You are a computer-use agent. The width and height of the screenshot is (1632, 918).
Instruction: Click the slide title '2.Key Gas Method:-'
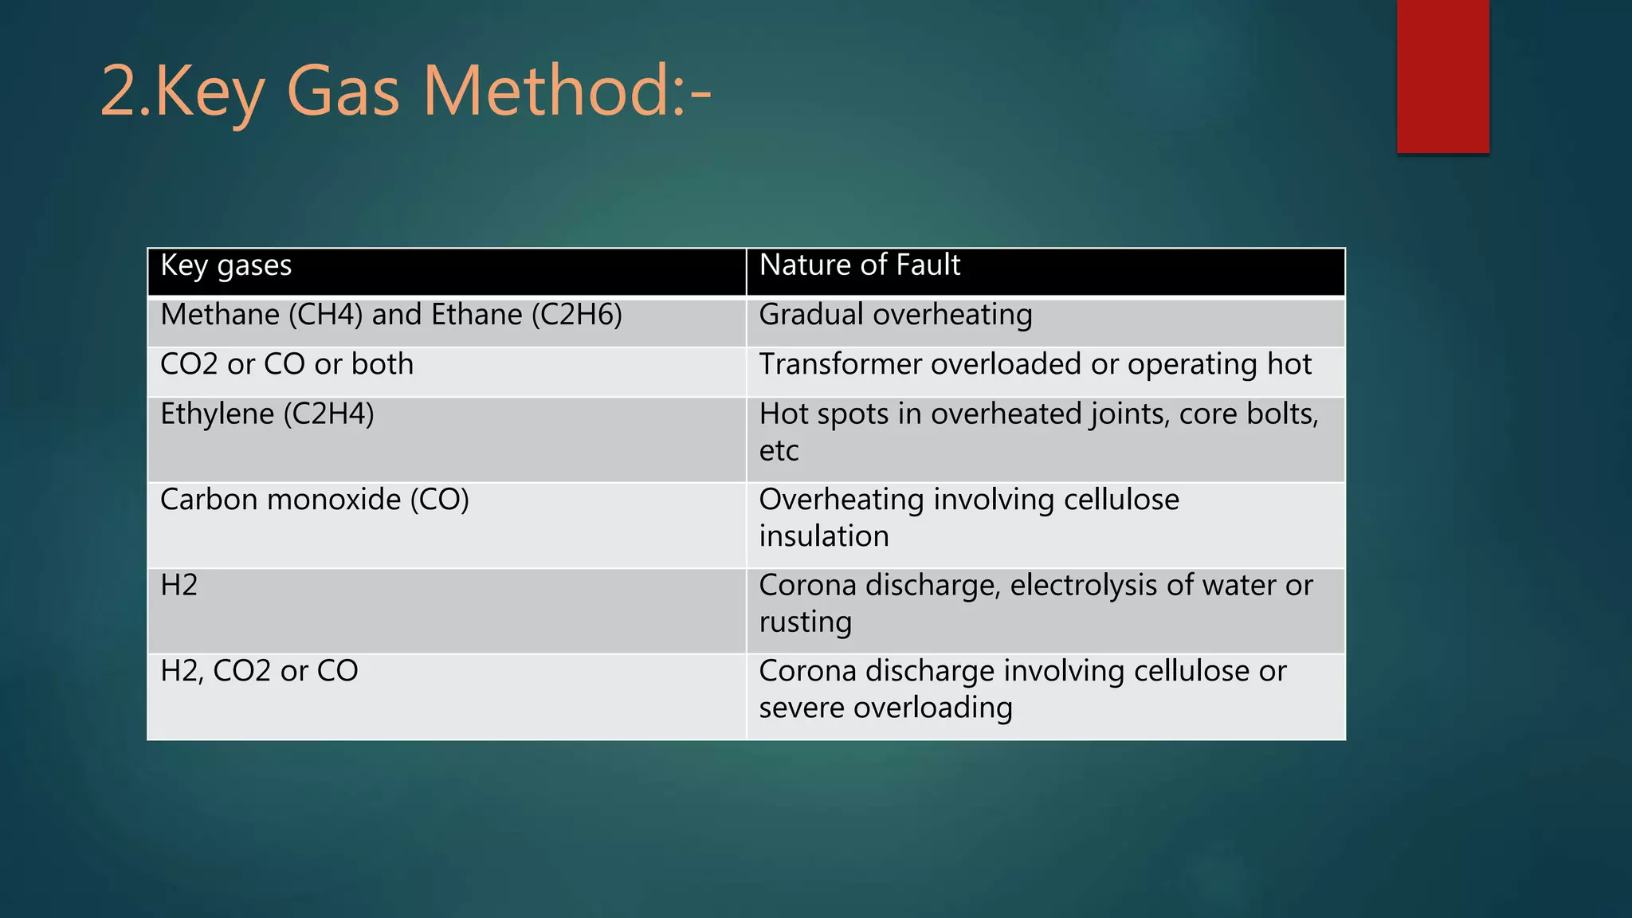pyautogui.click(x=406, y=92)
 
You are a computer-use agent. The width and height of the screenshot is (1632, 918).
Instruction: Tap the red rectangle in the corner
pyautogui.click(x=1442, y=76)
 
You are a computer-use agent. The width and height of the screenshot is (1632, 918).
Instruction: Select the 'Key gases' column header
pyautogui.click(x=226, y=265)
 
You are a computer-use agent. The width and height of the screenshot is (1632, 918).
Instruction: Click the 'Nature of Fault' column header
pyautogui.click(x=860, y=265)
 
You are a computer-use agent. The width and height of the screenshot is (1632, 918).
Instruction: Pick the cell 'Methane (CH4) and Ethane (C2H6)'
pyautogui.click(x=390, y=316)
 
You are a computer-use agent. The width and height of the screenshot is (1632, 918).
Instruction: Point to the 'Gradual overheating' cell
pyautogui.click(x=896, y=316)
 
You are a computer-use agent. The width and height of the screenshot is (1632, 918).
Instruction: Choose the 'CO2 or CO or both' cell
pyautogui.click(x=287, y=365)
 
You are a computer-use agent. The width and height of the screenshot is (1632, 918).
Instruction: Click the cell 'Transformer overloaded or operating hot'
pyautogui.click(x=1035, y=365)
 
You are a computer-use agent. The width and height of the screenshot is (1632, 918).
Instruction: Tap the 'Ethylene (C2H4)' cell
pyautogui.click(x=267, y=414)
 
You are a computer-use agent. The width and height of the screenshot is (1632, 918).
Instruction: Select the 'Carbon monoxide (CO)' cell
pyautogui.click(x=315, y=500)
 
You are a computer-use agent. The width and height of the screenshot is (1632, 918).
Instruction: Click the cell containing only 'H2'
pyautogui.click(x=178, y=586)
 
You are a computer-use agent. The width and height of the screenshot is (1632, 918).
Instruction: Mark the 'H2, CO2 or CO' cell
pyautogui.click(x=259, y=672)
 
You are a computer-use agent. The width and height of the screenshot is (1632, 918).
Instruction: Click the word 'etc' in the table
pyautogui.click(x=779, y=451)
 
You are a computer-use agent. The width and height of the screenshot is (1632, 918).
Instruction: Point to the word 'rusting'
pyautogui.click(x=806, y=622)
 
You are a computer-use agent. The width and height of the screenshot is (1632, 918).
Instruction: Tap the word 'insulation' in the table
pyautogui.click(x=824, y=536)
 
